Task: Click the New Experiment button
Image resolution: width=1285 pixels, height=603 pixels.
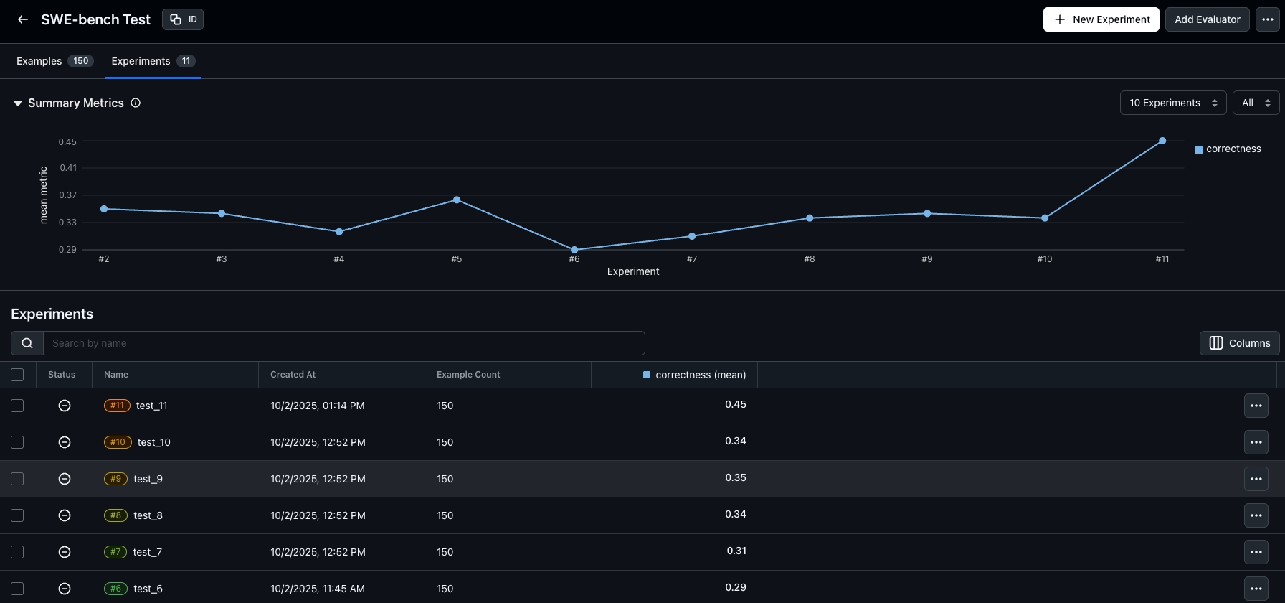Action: (x=1101, y=19)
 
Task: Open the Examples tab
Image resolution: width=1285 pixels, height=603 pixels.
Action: (x=54, y=61)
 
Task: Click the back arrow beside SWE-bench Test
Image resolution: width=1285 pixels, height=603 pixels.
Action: (x=23, y=19)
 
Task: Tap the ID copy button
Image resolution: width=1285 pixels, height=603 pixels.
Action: (x=183, y=19)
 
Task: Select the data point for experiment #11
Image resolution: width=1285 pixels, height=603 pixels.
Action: (x=1162, y=141)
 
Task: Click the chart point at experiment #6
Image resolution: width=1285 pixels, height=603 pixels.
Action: (x=574, y=250)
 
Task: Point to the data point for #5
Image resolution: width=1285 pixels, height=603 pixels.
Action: (x=457, y=200)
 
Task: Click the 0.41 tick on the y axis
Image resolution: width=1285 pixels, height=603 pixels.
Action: (x=68, y=168)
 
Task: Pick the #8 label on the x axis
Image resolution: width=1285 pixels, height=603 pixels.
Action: (x=810, y=259)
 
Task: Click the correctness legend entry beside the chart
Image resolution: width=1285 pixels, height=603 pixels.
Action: (x=1228, y=149)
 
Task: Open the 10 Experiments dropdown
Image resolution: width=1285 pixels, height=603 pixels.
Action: (x=1172, y=103)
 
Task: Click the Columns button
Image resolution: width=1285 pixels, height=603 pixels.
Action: (x=1239, y=343)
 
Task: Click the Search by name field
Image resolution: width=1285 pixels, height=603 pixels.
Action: (x=344, y=343)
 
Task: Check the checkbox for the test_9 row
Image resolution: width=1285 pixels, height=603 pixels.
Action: (x=17, y=479)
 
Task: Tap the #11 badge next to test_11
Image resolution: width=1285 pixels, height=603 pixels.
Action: (x=117, y=406)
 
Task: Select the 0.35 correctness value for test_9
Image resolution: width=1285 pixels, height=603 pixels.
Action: (x=735, y=477)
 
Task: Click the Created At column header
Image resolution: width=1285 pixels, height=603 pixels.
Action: (x=293, y=375)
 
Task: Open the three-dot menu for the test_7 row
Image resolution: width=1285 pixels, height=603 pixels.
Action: (x=1256, y=552)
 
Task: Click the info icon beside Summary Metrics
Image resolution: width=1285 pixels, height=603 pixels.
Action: (x=136, y=103)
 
